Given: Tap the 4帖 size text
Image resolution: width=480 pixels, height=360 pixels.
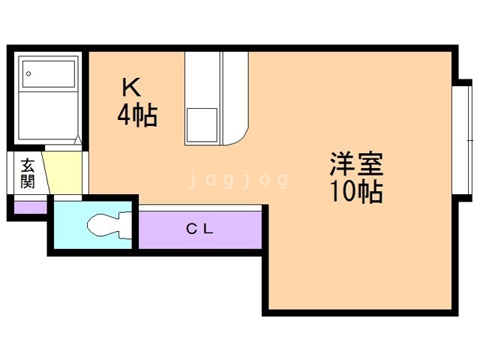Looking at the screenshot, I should click(136, 115).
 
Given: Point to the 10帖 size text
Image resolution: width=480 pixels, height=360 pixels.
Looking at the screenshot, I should click(356, 193).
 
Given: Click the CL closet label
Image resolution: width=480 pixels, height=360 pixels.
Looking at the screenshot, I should click(200, 230).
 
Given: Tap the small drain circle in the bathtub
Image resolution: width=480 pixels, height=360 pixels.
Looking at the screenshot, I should click(28, 73).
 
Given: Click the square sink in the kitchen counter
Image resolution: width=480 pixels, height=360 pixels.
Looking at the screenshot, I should click(202, 124).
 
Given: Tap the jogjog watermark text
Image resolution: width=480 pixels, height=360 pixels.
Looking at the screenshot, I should click(239, 180).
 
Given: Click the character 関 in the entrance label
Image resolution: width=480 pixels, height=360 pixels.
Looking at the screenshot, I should click(28, 181).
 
